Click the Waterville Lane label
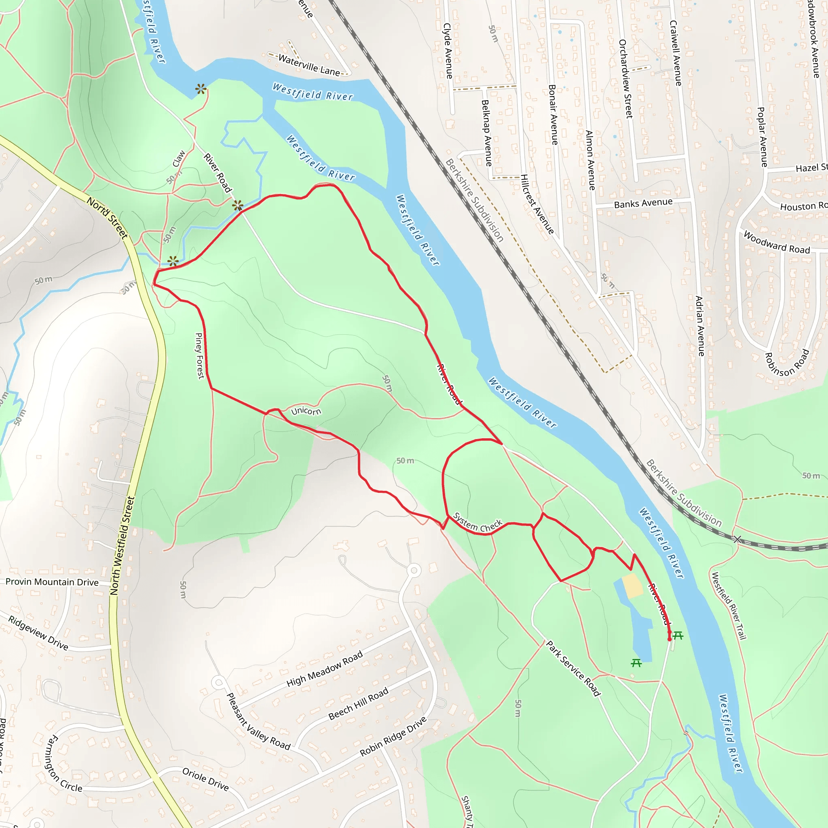tap(308, 65)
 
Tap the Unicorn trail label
tap(306, 412)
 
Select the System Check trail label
tap(477, 522)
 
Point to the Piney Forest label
tap(199, 356)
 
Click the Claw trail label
tap(179, 158)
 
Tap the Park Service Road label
tap(573, 668)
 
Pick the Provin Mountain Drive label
tap(52, 582)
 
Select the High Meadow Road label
tap(324, 669)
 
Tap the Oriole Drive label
tap(205, 779)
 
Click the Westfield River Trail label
tap(729, 606)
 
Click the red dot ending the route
tap(670, 640)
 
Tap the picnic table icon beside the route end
tap(678, 635)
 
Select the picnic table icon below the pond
tap(636, 663)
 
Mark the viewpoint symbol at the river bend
tap(201, 89)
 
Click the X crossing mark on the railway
tap(737, 539)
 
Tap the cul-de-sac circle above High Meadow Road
tap(414, 570)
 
